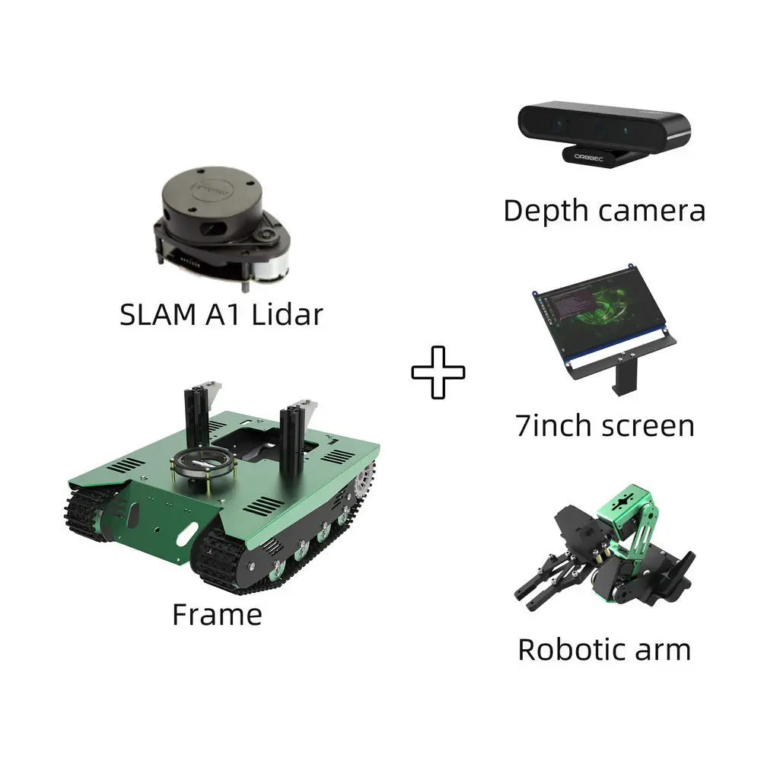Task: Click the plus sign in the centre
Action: coord(438,372)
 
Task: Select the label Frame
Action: coord(217,613)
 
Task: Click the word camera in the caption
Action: coord(653,210)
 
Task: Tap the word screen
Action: coord(648,425)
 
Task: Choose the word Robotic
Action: coord(572,649)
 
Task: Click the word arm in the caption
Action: coord(664,649)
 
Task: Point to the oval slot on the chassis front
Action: coord(187,535)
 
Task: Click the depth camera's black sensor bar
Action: coord(601,123)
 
